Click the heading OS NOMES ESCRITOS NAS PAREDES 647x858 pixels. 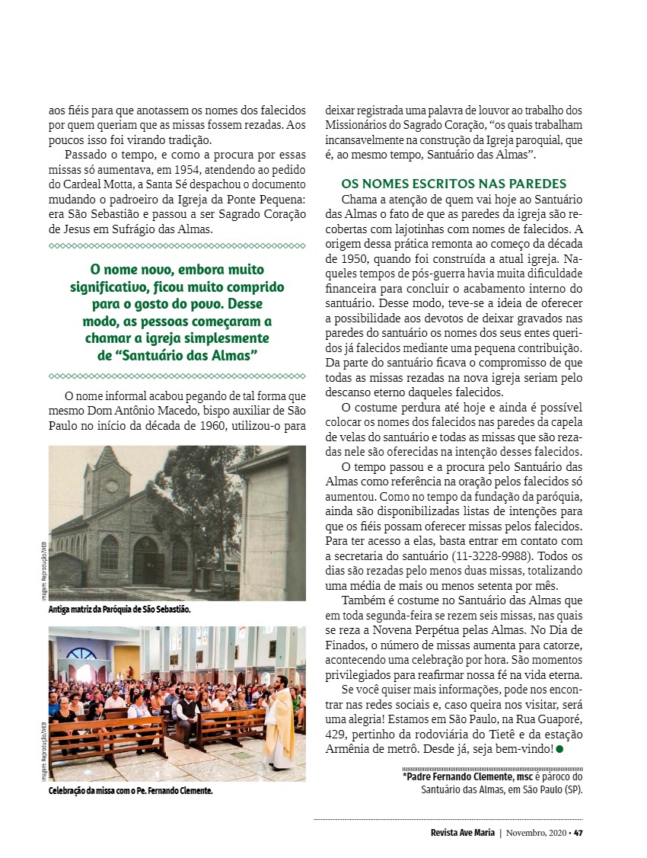click(454, 184)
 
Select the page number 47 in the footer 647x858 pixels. click(578, 832)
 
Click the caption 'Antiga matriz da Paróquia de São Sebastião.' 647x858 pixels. click(120, 610)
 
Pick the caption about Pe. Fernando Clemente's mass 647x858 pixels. click(130, 791)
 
